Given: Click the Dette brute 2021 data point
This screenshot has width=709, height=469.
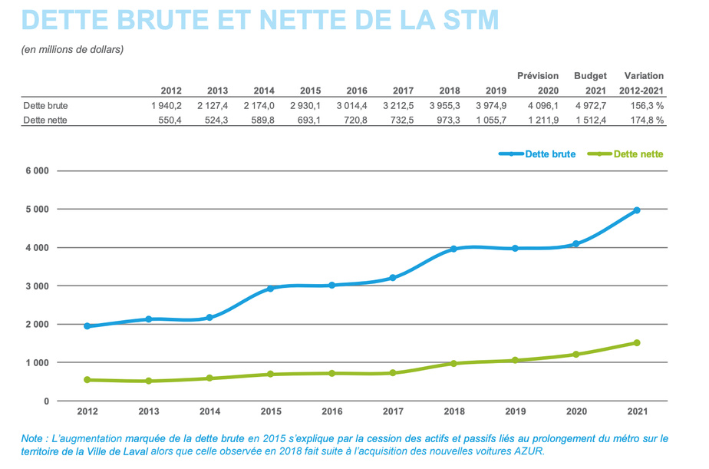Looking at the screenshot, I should coord(637,210).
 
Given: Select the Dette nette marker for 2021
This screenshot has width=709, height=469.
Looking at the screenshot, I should coord(637,342).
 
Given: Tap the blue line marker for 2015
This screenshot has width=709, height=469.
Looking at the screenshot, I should coord(270,288).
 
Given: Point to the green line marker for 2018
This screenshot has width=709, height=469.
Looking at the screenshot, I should coord(453,363).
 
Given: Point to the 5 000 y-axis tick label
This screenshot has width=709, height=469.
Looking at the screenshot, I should coord(35,209).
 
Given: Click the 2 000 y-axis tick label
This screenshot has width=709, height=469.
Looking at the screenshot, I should coord(35,324).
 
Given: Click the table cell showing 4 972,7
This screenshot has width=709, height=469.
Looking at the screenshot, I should coord(591,105).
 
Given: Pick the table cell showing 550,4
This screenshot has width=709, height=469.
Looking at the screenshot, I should coord(167,121).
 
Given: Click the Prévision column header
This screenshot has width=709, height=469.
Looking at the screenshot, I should coord(537,76).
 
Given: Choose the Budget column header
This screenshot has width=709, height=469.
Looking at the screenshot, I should coord(590,76).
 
